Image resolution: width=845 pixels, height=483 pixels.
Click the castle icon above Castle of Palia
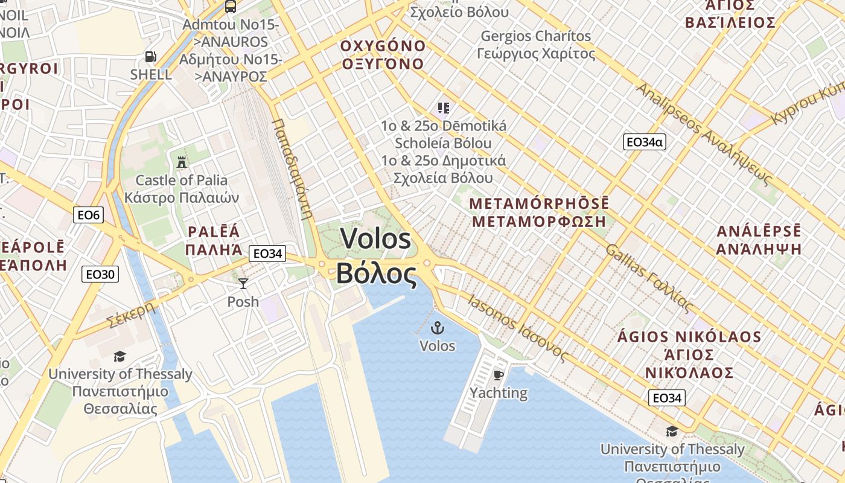click(181, 162)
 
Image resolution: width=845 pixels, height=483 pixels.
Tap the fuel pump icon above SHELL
click(150, 57)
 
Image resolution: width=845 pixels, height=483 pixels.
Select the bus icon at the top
click(230, 7)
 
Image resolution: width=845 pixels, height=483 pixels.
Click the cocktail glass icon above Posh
click(243, 283)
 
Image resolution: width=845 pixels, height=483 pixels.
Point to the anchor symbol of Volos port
click(437, 328)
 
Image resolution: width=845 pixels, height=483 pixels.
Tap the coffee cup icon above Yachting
click(498, 375)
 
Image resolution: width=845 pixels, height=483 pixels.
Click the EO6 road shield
click(88, 214)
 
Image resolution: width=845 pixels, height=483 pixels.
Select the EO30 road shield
click(100, 274)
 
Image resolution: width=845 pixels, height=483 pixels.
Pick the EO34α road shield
click(645, 142)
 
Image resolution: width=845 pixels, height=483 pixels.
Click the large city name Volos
click(376, 238)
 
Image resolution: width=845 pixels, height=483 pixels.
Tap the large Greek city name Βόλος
click(376, 273)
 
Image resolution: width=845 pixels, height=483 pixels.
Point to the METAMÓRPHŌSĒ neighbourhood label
click(539, 203)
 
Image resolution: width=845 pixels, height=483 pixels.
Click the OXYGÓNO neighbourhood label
click(383, 46)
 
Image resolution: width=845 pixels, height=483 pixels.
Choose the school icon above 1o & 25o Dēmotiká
click(444, 108)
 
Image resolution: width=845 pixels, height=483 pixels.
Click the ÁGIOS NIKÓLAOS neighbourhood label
click(689, 336)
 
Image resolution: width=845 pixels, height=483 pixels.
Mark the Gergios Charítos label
click(536, 36)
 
